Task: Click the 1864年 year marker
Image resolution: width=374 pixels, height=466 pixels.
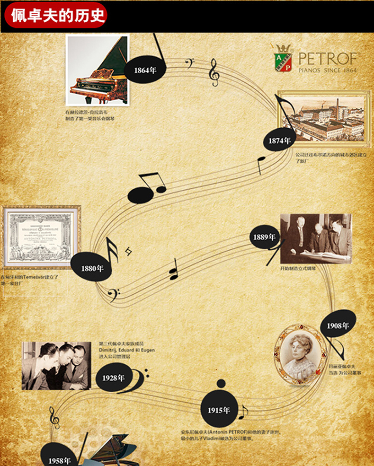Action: (x=144, y=70)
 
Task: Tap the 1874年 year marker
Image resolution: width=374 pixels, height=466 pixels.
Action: (x=279, y=141)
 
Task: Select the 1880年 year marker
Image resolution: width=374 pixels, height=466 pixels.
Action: (x=92, y=268)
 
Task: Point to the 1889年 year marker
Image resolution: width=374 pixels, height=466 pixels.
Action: (x=264, y=237)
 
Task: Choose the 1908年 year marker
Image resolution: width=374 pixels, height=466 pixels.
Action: (x=338, y=325)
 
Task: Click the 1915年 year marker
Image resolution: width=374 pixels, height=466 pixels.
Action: (x=219, y=410)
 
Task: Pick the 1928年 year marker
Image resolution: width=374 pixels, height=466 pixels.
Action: (x=114, y=378)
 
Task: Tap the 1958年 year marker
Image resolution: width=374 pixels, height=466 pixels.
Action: (x=59, y=460)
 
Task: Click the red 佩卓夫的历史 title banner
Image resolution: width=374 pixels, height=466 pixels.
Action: (x=54, y=16)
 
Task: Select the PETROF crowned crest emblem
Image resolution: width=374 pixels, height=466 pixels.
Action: (x=283, y=59)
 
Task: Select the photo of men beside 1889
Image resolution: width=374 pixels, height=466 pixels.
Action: (x=316, y=238)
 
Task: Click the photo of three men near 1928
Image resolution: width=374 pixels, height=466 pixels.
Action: (x=56, y=366)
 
